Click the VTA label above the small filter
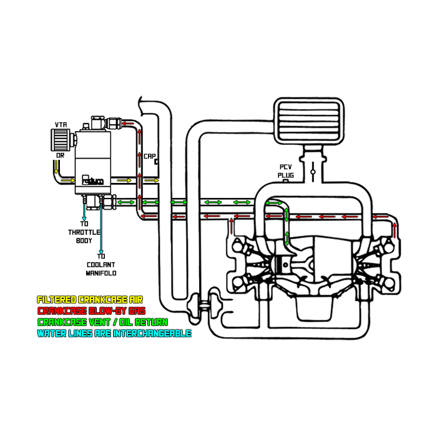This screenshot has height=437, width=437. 61,125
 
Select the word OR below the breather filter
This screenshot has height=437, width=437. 60,155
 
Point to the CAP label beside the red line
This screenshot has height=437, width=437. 150,156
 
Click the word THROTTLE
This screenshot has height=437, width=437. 84,232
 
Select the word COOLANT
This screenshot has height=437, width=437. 101,264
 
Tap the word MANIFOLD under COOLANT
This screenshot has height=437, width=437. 101,273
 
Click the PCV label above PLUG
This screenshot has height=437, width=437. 285,167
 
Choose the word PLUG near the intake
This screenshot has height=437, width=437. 285,175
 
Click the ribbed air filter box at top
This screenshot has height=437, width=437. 309,119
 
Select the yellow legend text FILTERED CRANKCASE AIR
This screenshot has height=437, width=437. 90,300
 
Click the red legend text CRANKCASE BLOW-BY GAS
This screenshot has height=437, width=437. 91,311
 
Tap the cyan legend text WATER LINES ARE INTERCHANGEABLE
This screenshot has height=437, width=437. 114,333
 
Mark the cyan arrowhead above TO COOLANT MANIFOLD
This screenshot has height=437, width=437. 101,249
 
